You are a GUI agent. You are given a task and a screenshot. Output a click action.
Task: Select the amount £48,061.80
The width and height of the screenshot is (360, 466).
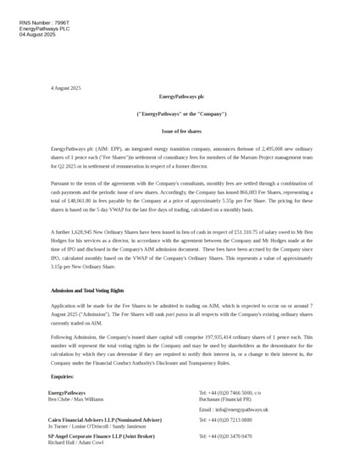coord(90,201)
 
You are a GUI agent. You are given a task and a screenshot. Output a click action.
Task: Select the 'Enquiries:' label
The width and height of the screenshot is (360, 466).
coord(63,376)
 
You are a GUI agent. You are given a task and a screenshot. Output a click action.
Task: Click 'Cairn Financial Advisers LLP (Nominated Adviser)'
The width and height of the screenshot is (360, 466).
coord(104,419)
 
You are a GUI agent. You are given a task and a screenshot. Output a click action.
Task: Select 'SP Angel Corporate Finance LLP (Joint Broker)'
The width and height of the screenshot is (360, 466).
coord(102,435)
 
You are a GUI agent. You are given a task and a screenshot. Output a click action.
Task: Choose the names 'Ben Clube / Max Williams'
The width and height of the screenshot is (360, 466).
coord(75,398)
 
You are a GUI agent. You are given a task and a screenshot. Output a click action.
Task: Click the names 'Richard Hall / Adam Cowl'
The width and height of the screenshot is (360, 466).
coord(75,442)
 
